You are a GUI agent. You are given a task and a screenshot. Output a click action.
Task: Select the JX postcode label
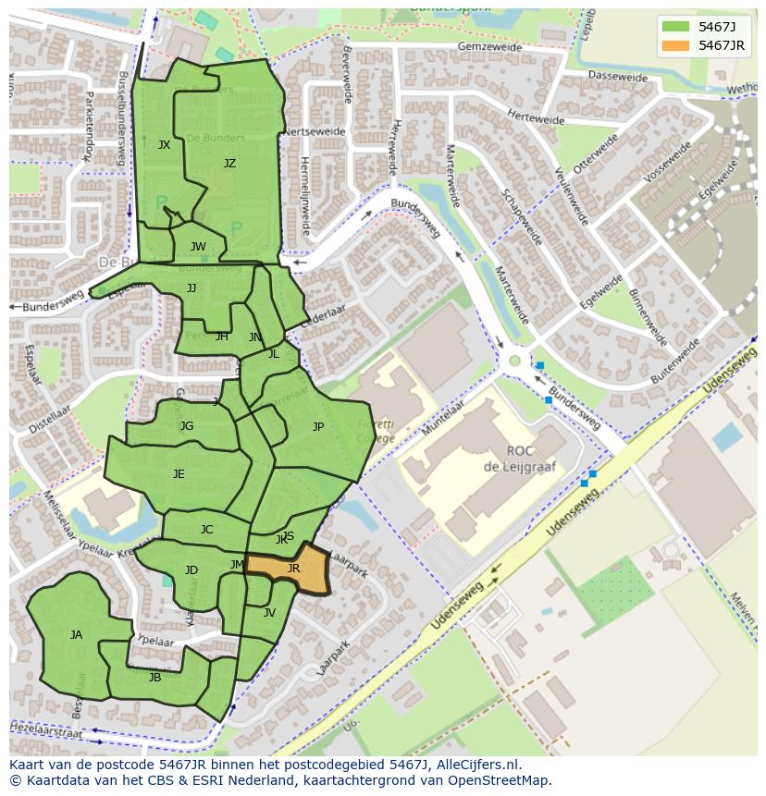164,145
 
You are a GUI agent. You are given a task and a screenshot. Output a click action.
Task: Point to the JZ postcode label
229,164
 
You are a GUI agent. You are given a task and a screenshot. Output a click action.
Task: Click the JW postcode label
198,247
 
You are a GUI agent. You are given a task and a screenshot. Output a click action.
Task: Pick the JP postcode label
318,427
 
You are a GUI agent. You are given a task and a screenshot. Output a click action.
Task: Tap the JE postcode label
179,474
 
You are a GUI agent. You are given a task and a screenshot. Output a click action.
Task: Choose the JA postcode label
76,635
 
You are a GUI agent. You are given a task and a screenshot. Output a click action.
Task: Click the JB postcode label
154,678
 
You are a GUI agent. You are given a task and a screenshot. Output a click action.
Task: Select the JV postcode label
269,613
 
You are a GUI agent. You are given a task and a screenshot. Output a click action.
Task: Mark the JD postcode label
191,570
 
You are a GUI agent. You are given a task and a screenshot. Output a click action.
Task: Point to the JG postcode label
187,426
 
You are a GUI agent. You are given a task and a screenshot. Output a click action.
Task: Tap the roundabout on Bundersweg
514,361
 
